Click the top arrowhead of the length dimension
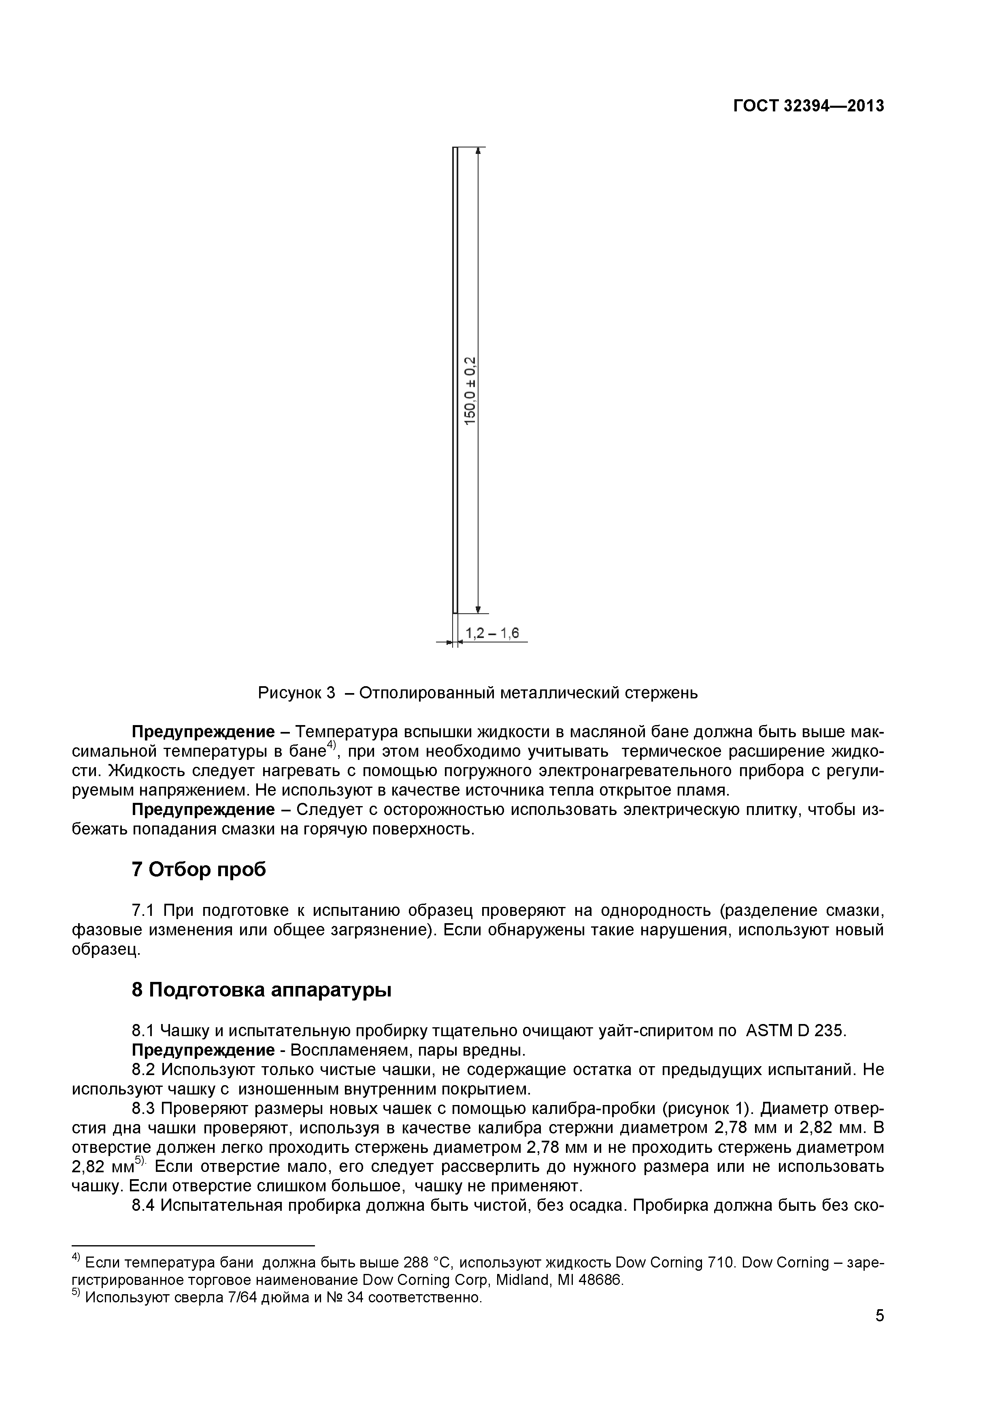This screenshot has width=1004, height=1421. pyautogui.click(x=478, y=151)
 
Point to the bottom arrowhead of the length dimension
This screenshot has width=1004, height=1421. pyautogui.click(x=478, y=609)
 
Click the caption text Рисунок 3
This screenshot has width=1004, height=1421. pyautogui.click(x=296, y=693)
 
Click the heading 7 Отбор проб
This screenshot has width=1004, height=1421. pyautogui.click(x=199, y=870)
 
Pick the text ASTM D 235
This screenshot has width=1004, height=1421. pyautogui.click(x=795, y=1031)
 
